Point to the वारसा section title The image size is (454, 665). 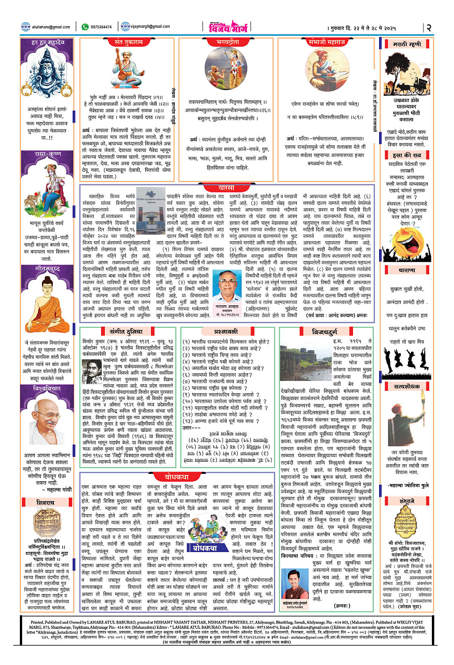[x=227, y=171]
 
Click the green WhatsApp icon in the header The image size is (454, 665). [x=85, y=26]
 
